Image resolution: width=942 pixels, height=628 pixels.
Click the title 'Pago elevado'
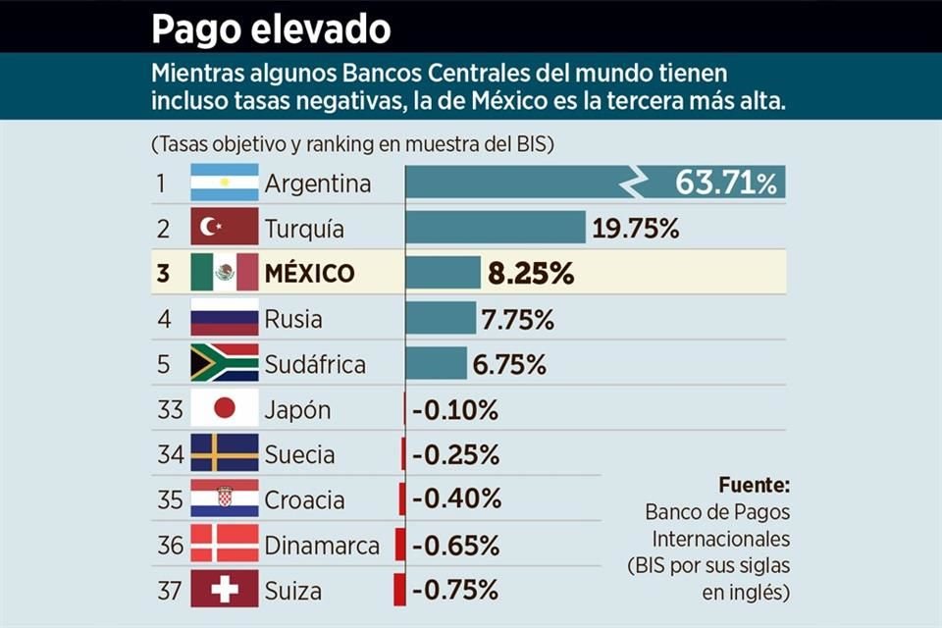point(270,28)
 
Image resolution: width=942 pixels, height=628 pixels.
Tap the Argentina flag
point(225,183)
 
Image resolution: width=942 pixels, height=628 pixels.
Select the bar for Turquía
point(496,228)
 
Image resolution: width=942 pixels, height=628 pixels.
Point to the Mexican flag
point(225,273)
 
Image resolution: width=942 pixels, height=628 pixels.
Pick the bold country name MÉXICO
point(309,273)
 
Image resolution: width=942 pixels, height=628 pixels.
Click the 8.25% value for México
point(531,274)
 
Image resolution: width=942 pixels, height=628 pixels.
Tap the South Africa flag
point(225,364)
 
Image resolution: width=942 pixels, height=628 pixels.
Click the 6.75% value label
point(509,365)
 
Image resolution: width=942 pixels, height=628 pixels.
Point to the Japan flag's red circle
point(225,409)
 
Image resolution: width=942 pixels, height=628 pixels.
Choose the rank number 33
point(170,410)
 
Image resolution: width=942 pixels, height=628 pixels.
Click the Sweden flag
point(225,454)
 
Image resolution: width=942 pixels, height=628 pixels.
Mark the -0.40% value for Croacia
point(456,500)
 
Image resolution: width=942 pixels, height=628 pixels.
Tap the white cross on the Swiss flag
point(225,591)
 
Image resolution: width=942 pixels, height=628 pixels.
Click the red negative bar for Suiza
point(399,591)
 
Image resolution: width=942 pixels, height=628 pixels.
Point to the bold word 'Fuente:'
point(754,485)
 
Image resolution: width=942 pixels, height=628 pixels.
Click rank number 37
point(170,592)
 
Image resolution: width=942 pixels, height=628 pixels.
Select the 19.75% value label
point(636,229)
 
